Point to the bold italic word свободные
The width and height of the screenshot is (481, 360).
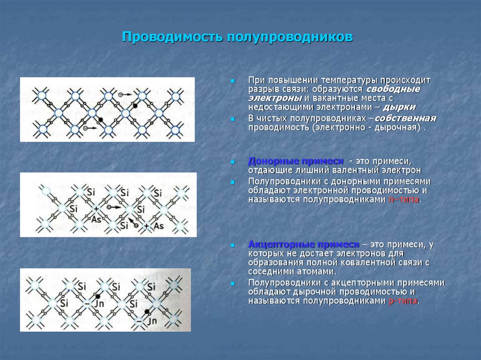click(x=393, y=89)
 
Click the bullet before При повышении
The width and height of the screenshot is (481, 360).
click(x=232, y=81)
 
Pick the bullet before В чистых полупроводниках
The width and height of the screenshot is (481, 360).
click(x=232, y=118)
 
